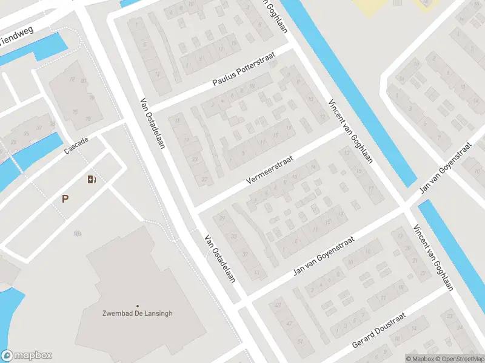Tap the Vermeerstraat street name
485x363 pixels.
pyautogui.click(x=270, y=171)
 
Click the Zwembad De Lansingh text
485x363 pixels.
pyautogui.click(x=137, y=313)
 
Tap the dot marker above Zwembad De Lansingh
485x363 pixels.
pyautogui.click(x=137, y=306)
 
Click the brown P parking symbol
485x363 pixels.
pyautogui.click(x=65, y=198)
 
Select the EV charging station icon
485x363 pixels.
pyautogui.click(x=92, y=178)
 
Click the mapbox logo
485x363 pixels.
pyautogui.click(x=27, y=356)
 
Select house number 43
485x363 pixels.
pyautogui.click(x=278, y=305)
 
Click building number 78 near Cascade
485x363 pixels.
pyautogui.click(x=87, y=118)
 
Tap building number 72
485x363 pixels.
pyautogui.click(x=71, y=79)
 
